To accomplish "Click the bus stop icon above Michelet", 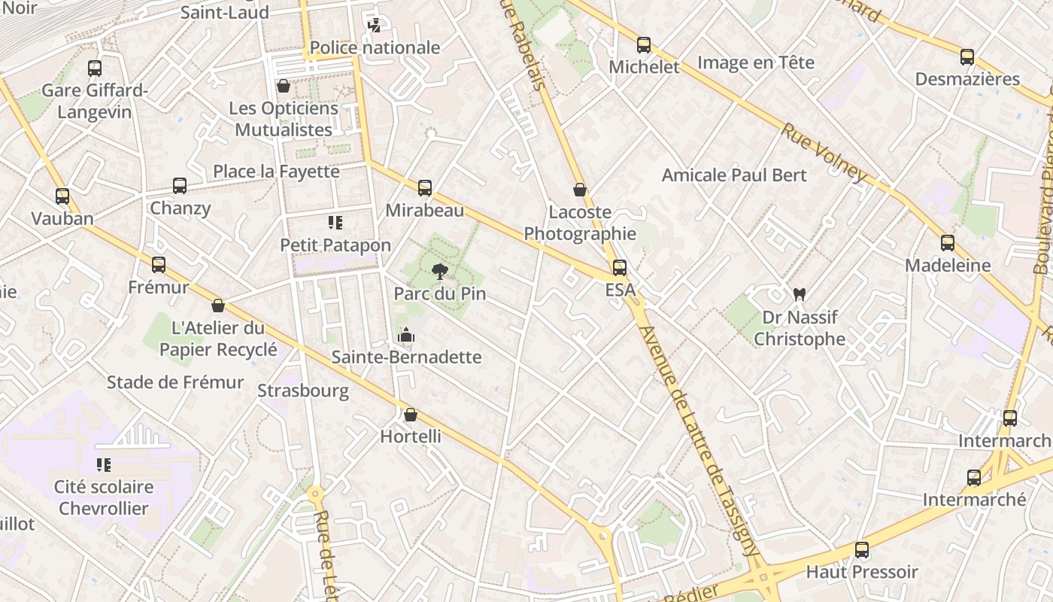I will [643, 45].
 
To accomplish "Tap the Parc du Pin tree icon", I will [439, 272].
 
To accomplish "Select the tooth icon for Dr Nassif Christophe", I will [799, 294].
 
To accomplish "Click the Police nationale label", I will [375, 47].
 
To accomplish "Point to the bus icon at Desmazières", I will [967, 57].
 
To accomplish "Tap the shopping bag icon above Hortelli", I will [410, 415].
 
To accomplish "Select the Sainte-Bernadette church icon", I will [406, 335].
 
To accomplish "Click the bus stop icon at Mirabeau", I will [425, 187].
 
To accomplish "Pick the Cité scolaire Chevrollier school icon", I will [104, 465].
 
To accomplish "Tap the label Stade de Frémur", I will [175, 382].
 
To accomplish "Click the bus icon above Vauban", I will [62, 196].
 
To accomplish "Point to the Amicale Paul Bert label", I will [733, 175].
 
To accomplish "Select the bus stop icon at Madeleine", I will [948, 243].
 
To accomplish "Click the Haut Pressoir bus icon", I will [862, 550].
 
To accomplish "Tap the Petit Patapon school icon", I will [335, 223].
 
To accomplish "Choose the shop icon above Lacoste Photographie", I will [579, 190].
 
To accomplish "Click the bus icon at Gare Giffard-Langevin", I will [95, 68].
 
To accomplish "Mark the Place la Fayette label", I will [276, 172].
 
